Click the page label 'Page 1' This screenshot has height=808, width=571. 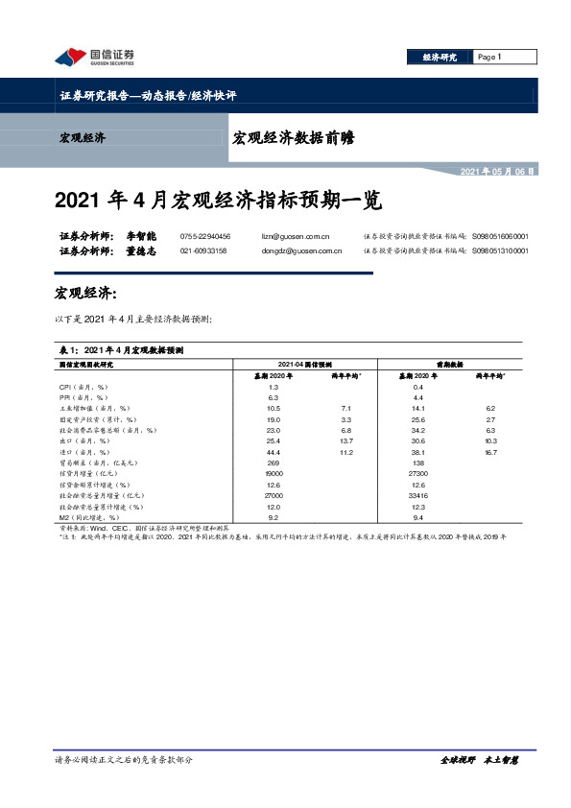tap(490, 58)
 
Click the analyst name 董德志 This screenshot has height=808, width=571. tap(141, 250)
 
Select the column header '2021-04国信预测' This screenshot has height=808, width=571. tap(304, 365)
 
